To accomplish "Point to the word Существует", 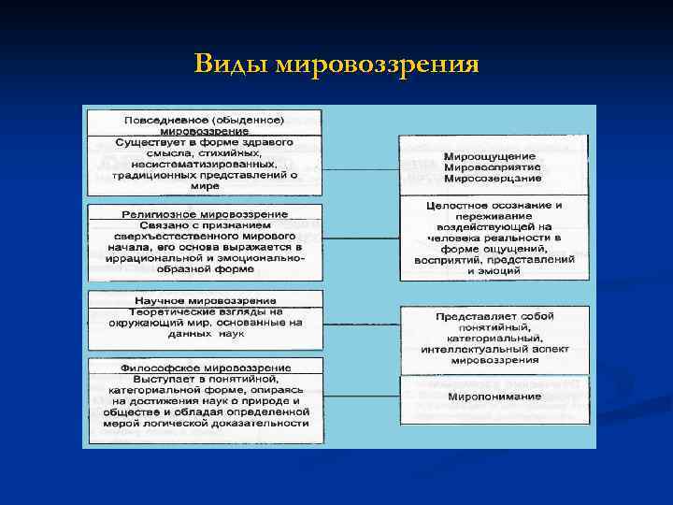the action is pyautogui.click(x=151, y=142).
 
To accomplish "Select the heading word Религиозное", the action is pyautogui.click(x=162, y=214).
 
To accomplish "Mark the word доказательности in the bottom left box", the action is pyautogui.click(x=263, y=423).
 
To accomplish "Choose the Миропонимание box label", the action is pyautogui.click(x=493, y=397).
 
